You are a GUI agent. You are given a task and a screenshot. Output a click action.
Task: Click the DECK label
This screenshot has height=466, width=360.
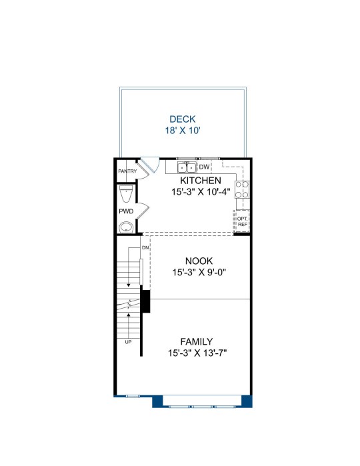(x=183, y=119)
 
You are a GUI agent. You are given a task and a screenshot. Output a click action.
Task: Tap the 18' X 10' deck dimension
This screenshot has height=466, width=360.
(x=183, y=131)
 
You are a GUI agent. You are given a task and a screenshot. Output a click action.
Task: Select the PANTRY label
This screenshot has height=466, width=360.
(x=127, y=171)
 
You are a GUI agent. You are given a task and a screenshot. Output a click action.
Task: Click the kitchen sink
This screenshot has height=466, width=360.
(x=187, y=167)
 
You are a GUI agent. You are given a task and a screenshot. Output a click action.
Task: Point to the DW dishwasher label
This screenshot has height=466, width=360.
(x=204, y=167)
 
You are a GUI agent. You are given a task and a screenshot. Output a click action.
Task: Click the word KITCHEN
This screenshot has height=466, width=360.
(x=201, y=181)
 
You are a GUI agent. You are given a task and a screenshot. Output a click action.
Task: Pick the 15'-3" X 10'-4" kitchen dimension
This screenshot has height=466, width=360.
(x=201, y=192)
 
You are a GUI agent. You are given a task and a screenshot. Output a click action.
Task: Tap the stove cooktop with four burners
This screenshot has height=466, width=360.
(x=242, y=189)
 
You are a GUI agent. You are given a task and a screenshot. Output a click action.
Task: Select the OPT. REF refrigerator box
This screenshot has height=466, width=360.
(x=242, y=221)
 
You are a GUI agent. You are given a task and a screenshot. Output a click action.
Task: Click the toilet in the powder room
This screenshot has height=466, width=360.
(x=126, y=193)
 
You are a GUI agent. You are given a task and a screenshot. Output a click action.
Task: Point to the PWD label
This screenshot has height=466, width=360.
(x=126, y=211)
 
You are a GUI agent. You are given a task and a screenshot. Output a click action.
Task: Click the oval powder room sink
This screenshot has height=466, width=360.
(x=127, y=228)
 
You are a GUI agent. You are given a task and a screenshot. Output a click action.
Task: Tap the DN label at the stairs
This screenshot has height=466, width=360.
(x=145, y=247)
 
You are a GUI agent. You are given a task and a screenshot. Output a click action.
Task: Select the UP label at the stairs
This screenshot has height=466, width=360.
(x=128, y=342)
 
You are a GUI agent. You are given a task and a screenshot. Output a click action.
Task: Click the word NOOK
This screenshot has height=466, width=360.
(x=199, y=261)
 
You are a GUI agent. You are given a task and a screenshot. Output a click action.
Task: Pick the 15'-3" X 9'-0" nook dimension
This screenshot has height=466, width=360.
(x=199, y=272)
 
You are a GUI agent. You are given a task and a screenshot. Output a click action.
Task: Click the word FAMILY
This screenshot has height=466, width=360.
(x=197, y=341)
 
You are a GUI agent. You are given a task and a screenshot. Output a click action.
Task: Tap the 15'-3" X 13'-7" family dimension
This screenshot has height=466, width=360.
(x=197, y=353)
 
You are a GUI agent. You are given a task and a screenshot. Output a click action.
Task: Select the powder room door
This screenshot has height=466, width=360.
(x=143, y=211)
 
